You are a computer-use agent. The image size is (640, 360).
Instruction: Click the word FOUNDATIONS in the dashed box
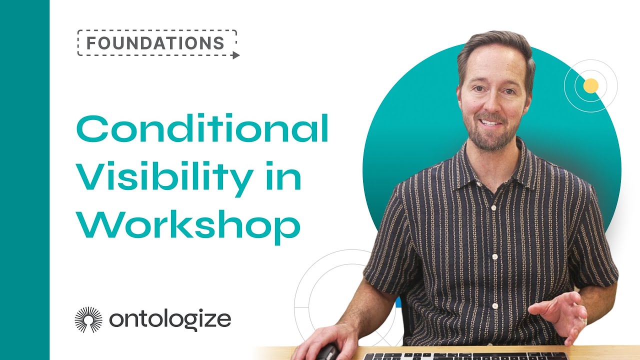click(x=155, y=42)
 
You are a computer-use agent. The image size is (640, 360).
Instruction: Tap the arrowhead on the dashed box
click(x=236, y=55)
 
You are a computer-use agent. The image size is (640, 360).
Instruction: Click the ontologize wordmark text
click(x=170, y=318)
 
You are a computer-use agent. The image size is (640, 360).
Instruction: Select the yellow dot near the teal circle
click(x=591, y=86)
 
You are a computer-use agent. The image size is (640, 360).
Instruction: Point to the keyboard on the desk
click(x=465, y=356)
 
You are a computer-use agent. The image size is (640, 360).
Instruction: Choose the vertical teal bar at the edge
click(x=24, y=180)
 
